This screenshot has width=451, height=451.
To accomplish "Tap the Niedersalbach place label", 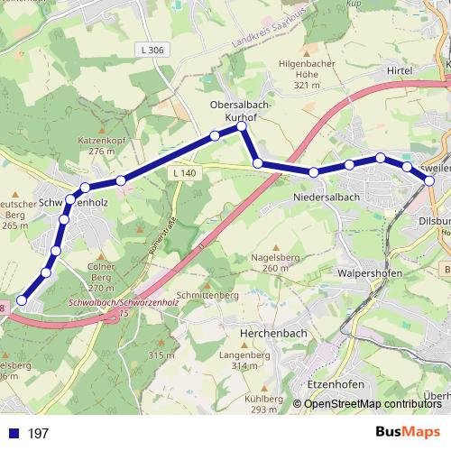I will click(327, 197).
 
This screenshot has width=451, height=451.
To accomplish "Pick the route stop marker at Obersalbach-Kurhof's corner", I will click(242, 127).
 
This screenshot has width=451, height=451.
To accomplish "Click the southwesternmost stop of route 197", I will click(22, 301).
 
